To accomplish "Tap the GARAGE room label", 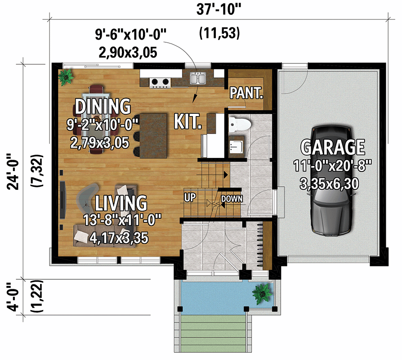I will point(332,147).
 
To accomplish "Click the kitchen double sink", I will point(198,79).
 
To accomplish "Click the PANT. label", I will point(246,93).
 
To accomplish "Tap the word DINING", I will point(103,107).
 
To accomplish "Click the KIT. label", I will point(188,121).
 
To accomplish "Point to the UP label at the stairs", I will point(189,197).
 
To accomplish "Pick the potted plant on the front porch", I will point(262,293).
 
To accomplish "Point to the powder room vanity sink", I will point(235,147).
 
